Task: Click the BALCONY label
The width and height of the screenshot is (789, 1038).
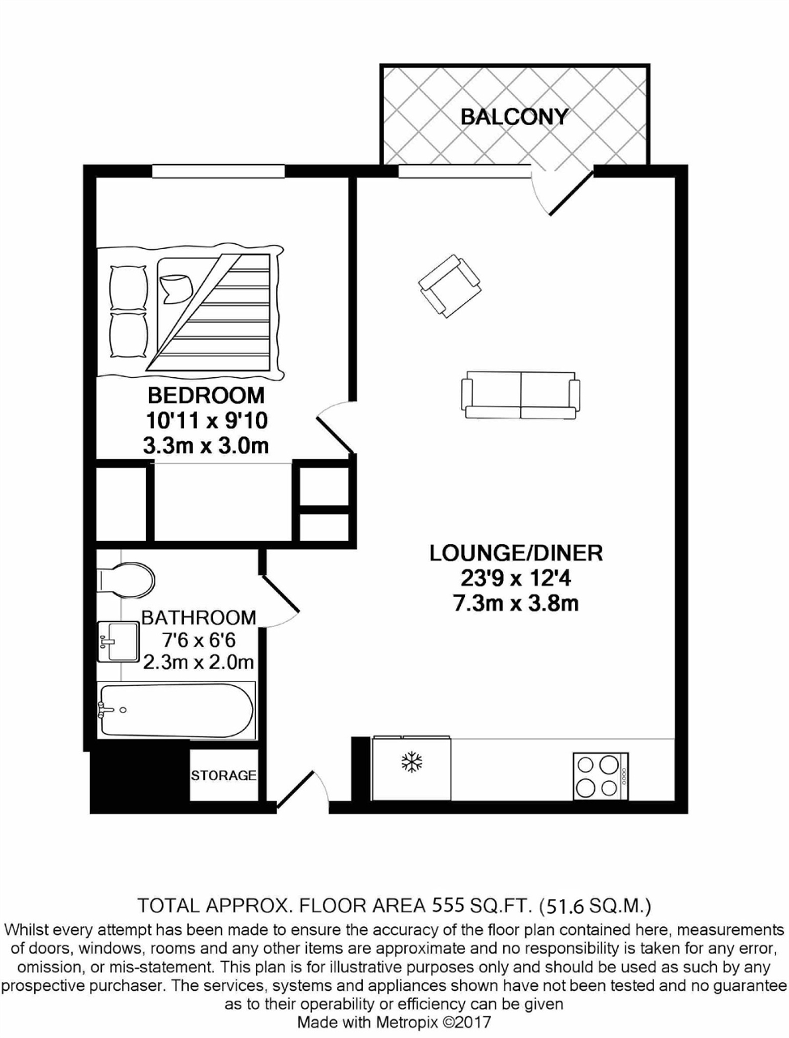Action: (x=514, y=117)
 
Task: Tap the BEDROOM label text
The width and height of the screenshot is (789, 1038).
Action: (x=206, y=396)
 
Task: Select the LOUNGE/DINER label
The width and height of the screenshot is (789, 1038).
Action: (x=516, y=553)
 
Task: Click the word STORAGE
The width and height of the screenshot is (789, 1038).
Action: (x=224, y=775)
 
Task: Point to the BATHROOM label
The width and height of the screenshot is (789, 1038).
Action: (x=198, y=617)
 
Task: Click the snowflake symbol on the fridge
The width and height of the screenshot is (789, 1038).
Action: (x=413, y=762)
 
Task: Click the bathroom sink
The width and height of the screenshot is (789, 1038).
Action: (x=118, y=641)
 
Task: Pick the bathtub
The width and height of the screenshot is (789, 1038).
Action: (x=176, y=710)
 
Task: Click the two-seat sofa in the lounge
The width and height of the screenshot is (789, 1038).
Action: (x=521, y=395)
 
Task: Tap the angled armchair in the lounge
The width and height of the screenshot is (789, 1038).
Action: (x=450, y=285)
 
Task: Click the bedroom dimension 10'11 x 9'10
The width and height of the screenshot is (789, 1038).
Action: (x=206, y=421)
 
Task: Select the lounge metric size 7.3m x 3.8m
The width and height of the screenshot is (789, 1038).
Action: (x=516, y=603)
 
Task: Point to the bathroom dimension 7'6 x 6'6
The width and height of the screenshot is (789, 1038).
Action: (x=198, y=640)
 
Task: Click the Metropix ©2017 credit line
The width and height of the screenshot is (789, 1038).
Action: (x=394, y=1023)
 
